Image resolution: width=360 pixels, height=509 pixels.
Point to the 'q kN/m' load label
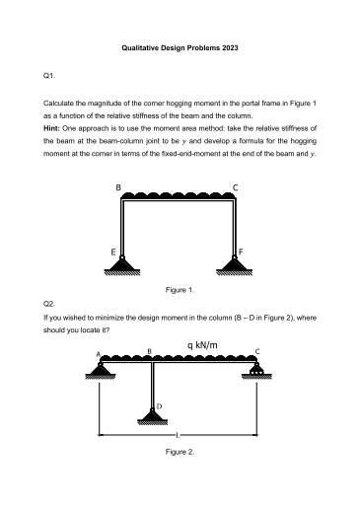point(201,345)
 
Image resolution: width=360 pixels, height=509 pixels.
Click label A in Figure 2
point(98,353)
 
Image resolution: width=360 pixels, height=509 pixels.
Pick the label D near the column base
point(159,406)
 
